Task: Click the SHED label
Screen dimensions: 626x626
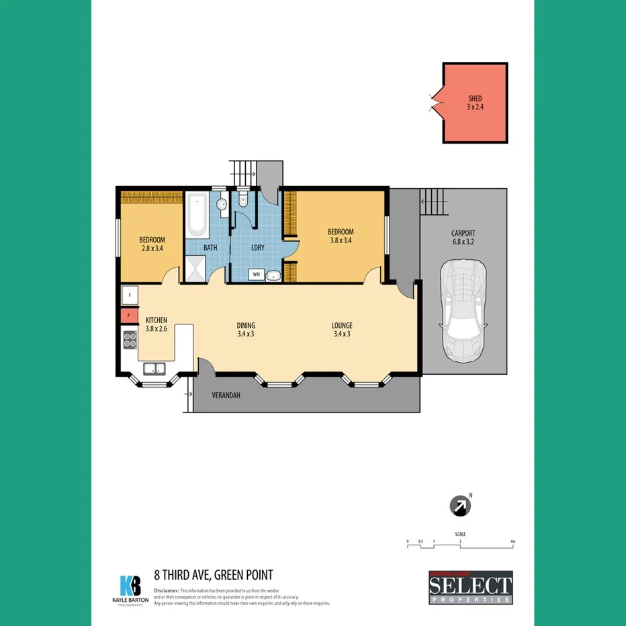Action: pos(475,98)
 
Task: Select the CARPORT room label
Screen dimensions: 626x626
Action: pos(463,234)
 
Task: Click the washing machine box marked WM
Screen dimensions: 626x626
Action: pos(257,274)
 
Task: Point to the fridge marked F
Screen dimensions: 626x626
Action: pos(130,294)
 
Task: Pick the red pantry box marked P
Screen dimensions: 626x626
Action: pos(129,316)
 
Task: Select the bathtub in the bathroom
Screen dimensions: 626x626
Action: pos(197,215)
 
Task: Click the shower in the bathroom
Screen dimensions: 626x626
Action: pos(197,271)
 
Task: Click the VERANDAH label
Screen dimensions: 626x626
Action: pos(226,395)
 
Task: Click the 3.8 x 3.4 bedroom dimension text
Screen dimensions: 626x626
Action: pos(341,240)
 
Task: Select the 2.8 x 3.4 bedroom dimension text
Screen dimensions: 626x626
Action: pos(152,248)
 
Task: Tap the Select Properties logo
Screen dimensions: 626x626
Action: pos(470,588)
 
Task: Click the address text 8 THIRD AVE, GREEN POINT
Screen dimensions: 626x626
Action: pos(213,574)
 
